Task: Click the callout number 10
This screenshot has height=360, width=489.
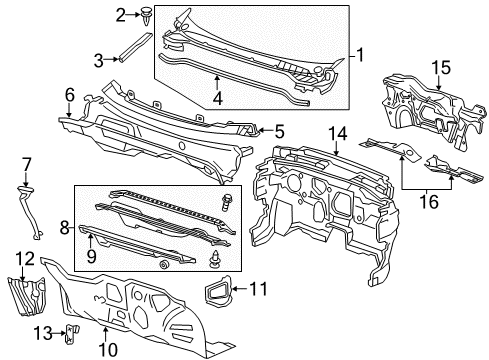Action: (x=104, y=348)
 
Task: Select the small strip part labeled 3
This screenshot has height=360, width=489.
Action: (x=135, y=46)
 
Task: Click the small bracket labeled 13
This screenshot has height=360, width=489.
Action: (x=72, y=334)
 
